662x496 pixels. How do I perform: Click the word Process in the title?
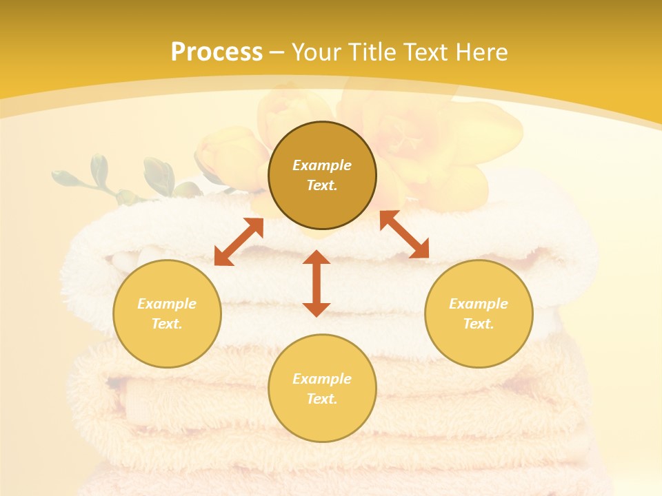217,52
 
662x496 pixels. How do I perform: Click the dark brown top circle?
322,207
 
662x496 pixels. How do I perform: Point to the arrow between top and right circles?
404,234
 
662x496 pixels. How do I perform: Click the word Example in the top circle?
322,165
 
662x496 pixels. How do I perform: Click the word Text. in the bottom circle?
322,399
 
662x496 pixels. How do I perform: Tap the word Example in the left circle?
167,304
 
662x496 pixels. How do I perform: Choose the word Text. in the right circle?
478,324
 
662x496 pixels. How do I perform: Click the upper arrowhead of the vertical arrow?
317,258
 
